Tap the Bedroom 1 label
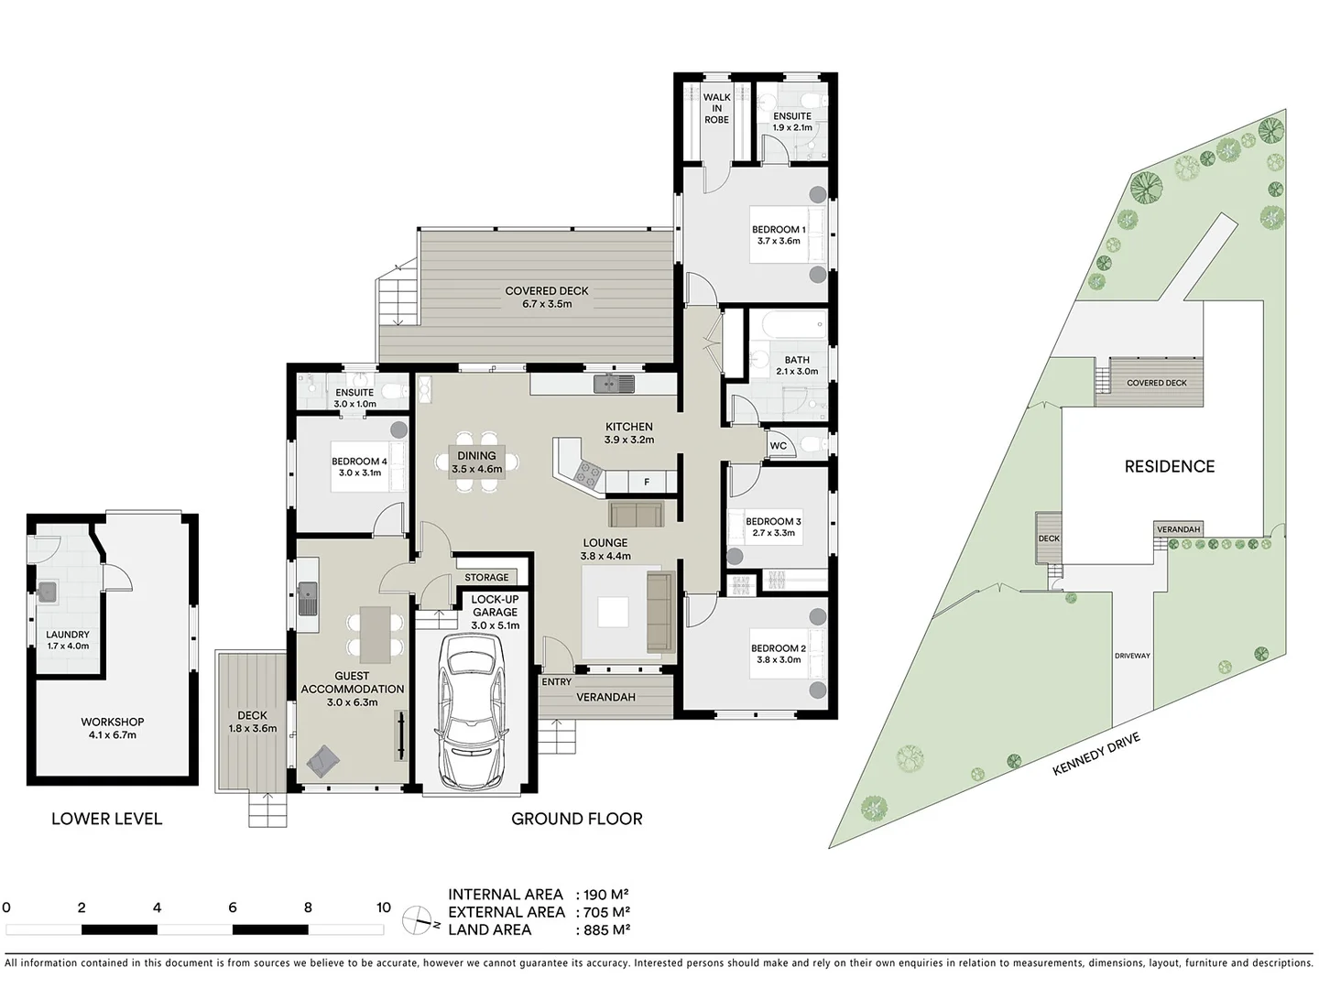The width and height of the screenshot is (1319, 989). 779,235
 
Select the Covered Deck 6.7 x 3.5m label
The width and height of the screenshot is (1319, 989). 547,298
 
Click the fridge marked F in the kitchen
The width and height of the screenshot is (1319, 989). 647,483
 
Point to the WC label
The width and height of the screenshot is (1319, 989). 778,446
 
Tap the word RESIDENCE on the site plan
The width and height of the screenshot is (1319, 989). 1169,466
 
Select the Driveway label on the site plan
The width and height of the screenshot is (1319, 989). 1132,656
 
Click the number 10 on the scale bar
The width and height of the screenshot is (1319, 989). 383,907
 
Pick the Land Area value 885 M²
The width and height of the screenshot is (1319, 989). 603,929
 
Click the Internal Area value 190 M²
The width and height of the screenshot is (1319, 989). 603,895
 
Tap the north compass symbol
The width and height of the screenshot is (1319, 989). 420,918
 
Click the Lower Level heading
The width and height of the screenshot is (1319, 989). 106,819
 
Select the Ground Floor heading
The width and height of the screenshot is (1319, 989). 576,819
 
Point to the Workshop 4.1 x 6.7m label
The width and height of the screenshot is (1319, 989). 112,728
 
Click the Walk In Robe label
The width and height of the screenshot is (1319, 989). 716,108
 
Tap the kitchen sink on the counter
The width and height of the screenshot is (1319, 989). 613,384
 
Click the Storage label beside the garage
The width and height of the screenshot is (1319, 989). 486,577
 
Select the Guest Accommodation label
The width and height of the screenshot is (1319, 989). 352,689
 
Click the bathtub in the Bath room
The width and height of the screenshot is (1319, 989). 788,325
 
